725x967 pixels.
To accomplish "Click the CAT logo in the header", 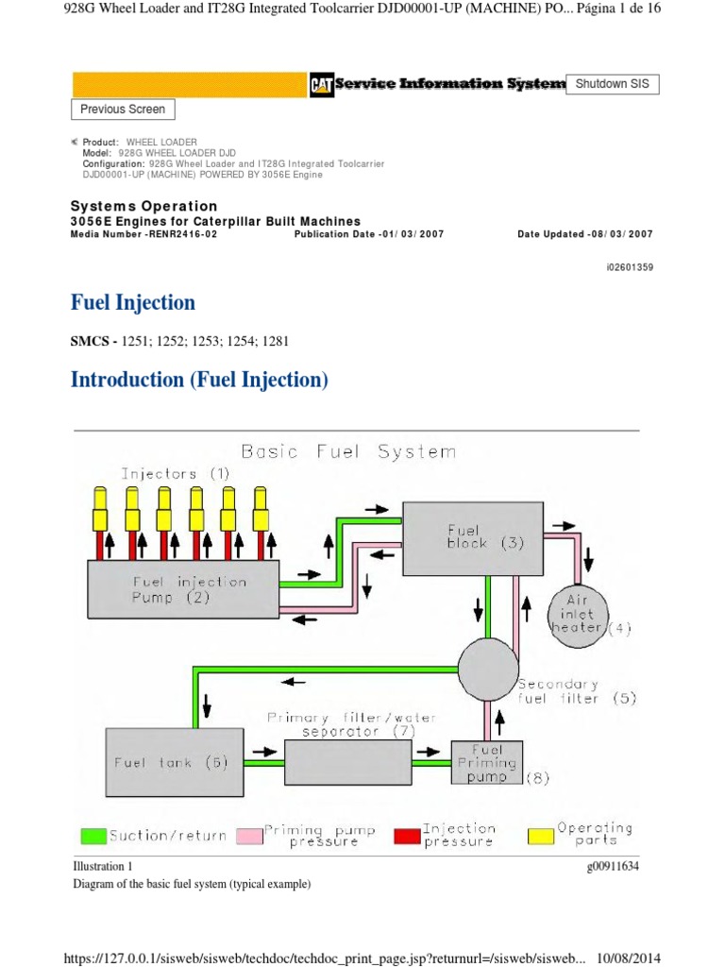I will point(322,85).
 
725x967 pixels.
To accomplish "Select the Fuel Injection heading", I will point(133,303).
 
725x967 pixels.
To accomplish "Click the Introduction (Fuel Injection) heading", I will point(199,380).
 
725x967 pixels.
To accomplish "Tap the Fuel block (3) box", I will point(473,537).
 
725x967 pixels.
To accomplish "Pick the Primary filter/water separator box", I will point(347,753).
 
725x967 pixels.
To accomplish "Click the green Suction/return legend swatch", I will point(94,835).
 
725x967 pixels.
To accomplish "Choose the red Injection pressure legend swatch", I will point(407,835).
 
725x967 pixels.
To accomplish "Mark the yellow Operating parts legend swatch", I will point(542,835).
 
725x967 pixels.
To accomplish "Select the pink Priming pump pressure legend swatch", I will point(249,835).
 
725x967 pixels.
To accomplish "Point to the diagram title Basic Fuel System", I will point(348,452).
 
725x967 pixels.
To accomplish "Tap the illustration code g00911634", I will point(613,867).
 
